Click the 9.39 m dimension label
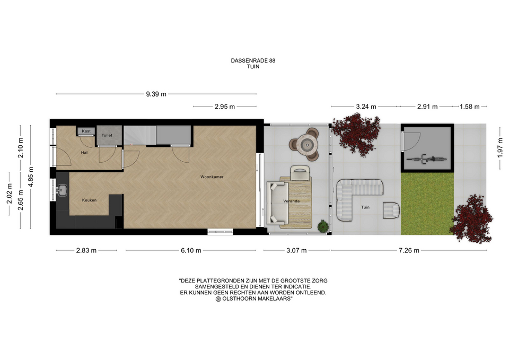(156, 94)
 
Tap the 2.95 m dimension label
(225, 107)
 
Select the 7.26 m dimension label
(409, 250)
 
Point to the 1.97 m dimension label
(500, 148)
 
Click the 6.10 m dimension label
(191, 250)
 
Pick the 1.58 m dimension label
(469, 107)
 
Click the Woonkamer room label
(212, 177)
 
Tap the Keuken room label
(89, 200)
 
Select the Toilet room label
(107, 135)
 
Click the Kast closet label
(86, 131)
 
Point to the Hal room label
(84, 153)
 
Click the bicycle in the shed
(426, 159)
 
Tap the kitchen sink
(62, 190)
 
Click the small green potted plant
(322, 226)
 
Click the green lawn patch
(427, 204)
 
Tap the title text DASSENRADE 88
(253, 60)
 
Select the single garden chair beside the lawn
(391, 210)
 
